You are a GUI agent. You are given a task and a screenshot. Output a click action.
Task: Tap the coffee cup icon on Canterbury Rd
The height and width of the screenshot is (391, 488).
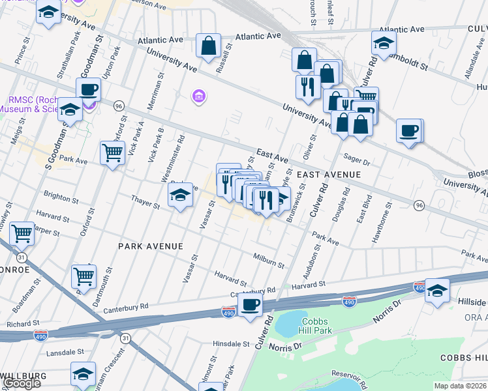pyautogui.click(x=250, y=304)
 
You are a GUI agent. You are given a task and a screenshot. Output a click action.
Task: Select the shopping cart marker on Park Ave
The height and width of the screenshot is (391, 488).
pyautogui.click(x=113, y=153)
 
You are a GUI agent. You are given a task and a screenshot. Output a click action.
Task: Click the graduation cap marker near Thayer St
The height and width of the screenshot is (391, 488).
pyautogui.click(x=180, y=195)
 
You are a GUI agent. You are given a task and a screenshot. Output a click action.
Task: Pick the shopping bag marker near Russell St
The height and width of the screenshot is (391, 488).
pyautogui.click(x=208, y=46)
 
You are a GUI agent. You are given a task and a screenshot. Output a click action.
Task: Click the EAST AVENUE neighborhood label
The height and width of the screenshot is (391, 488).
pyautogui.click(x=329, y=175)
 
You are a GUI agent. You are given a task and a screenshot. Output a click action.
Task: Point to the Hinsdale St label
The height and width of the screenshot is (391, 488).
pyautogui.click(x=232, y=343)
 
